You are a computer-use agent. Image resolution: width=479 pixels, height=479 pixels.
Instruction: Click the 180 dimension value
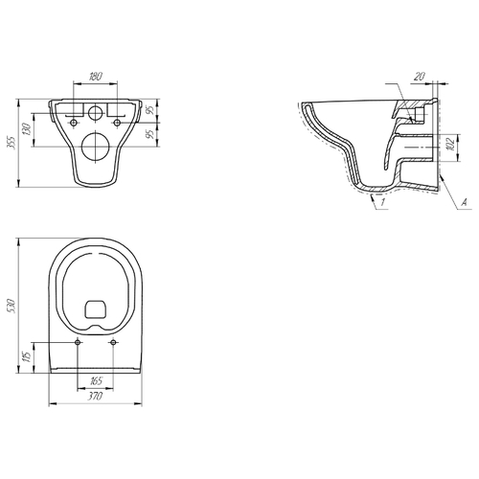pos(96,77)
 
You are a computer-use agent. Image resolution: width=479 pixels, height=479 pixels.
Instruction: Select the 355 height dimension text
pos(11,142)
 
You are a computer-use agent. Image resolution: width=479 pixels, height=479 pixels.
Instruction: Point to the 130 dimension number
pos(27,129)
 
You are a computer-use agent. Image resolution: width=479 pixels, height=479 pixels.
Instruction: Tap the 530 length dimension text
pos(11,306)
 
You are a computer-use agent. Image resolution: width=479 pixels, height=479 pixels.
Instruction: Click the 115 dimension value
pos(27,357)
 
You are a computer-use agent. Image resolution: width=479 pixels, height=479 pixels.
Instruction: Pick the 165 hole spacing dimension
pos(96,381)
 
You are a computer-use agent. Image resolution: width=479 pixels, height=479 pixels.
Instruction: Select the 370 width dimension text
pos(95,397)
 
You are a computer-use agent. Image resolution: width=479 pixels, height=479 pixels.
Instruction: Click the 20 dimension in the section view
pos(420,77)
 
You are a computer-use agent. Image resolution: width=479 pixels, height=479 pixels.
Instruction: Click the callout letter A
pos(465,202)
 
